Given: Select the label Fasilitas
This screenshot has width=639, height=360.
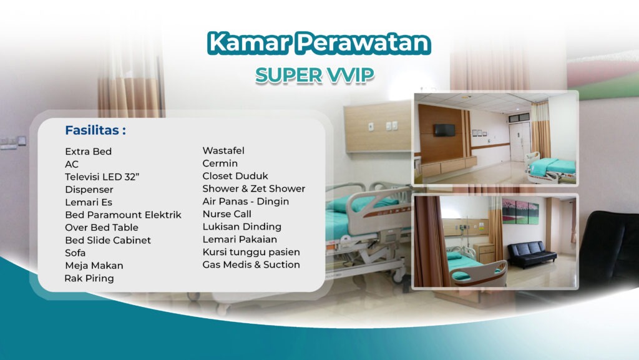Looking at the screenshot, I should pyautogui.click(x=95, y=130).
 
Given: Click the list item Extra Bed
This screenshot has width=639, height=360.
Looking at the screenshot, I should pyautogui.click(x=88, y=152).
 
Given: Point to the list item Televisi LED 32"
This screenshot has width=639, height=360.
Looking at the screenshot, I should pyautogui.click(x=102, y=177).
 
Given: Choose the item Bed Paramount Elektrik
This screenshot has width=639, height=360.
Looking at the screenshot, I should pyautogui.click(x=123, y=215).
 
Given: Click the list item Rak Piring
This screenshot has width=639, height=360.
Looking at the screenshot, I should pyautogui.click(x=89, y=278).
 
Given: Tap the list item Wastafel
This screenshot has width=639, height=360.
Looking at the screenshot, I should pyautogui.click(x=223, y=150).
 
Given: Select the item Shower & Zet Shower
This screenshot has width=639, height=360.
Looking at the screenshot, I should pyautogui.click(x=253, y=188).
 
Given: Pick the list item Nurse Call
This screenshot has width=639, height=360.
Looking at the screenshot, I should pyautogui.click(x=227, y=214).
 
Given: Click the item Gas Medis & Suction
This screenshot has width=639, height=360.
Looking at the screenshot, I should pyautogui.click(x=251, y=265).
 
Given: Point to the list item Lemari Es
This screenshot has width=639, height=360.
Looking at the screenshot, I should pyautogui.click(x=88, y=202).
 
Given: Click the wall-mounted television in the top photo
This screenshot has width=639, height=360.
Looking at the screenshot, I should pyautogui.click(x=444, y=130).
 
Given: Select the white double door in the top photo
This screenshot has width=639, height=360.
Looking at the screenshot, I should pyautogui.click(x=519, y=140).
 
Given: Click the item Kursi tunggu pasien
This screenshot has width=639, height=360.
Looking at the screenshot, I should pyautogui.click(x=251, y=252).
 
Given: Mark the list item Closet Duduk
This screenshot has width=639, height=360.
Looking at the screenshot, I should pyautogui.click(x=235, y=176).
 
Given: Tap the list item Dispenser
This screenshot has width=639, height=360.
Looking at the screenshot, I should pyautogui.click(x=89, y=189).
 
